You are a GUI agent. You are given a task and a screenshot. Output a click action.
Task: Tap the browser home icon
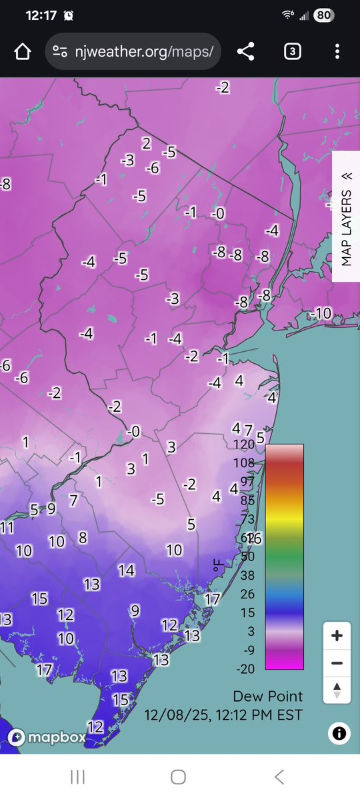(x=23, y=52)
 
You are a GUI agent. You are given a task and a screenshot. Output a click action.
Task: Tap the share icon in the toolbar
(x=246, y=52)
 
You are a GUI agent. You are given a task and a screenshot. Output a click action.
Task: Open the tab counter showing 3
(x=292, y=52)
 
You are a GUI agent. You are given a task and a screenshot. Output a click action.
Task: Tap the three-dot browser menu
(x=337, y=52)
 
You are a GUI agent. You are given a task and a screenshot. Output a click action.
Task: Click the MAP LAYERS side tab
(x=346, y=217)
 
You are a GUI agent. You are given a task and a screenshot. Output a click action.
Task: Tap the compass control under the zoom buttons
(x=337, y=690)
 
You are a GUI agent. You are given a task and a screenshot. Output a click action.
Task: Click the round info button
(x=339, y=734)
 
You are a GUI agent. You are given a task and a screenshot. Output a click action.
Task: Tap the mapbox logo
(x=47, y=737)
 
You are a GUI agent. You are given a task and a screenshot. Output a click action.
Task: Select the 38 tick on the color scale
(x=247, y=575)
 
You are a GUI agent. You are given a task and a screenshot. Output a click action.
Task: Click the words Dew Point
(x=268, y=696)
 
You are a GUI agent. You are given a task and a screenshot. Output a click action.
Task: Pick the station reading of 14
(x=127, y=570)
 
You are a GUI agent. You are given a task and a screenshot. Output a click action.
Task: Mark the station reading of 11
(x=7, y=528)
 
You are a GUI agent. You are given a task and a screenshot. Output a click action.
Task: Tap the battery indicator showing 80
(x=324, y=15)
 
